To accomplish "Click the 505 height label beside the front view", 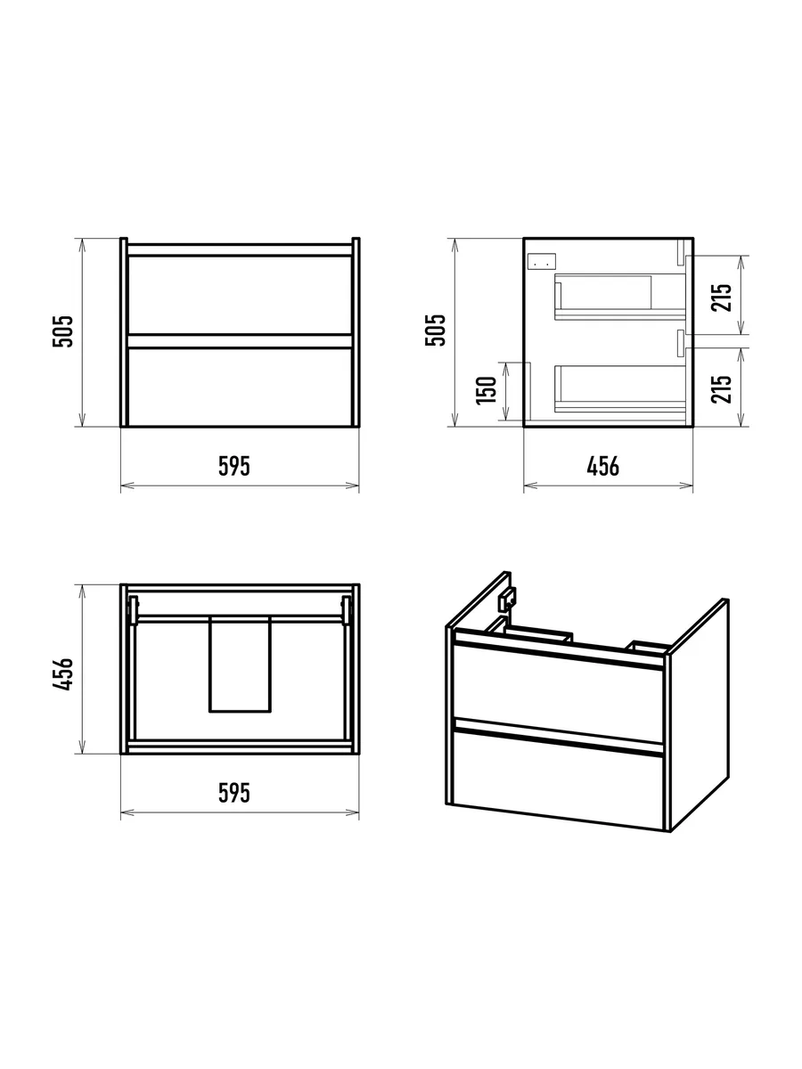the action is coord(62,331).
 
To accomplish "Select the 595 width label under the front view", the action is coord(234,466).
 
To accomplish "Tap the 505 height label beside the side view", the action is coord(436,330).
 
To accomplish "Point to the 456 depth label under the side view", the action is coord(603,466).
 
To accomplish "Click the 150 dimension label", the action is coord(487,390).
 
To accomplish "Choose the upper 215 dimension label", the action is coord(721,298).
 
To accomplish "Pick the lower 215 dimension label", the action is coord(721,389).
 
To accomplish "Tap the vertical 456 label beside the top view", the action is coord(62,674).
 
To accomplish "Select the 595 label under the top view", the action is coord(234,793).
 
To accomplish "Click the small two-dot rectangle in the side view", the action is coord(542,260).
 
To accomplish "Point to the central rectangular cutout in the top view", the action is coord(240,665).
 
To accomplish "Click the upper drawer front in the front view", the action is coord(240,295).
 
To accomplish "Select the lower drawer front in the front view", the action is coord(240,387).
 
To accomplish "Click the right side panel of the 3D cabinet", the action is coord(700,714).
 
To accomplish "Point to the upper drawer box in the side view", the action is coord(620,297).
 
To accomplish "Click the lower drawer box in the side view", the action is coord(620,389).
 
